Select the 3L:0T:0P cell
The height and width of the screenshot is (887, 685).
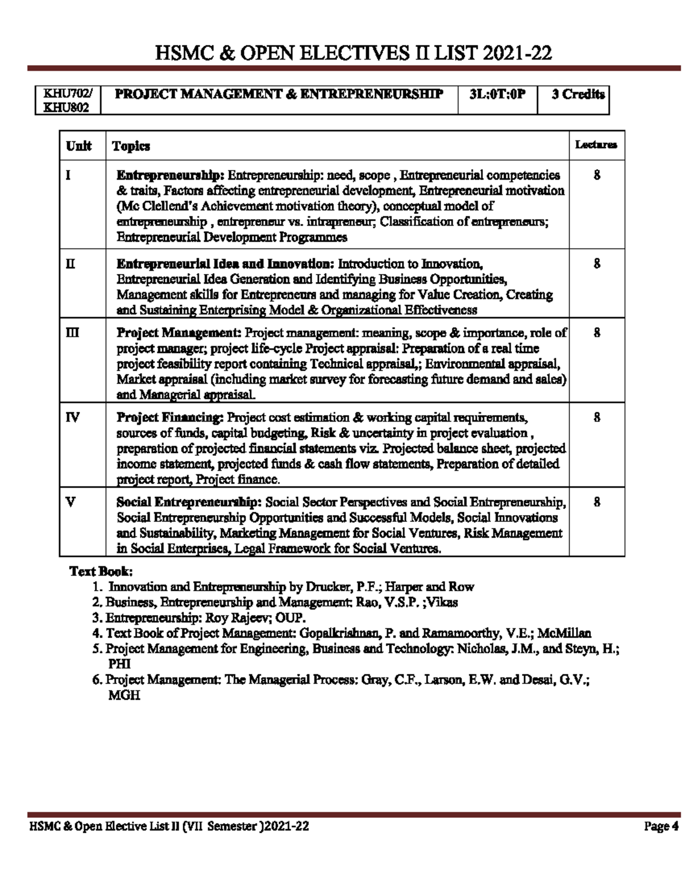(497, 95)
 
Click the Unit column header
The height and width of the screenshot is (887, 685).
(79, 146)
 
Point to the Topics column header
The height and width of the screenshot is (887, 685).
(131, 146)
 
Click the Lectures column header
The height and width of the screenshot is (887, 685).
(596, 145)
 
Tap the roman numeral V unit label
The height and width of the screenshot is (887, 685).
(70, 502)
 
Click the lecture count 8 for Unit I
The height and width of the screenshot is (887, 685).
(597, 175)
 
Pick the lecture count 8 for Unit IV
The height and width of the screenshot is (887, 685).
(597, 418)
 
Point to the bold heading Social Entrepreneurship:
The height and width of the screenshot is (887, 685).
(189, 503)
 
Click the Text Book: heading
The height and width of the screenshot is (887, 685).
(101, 571)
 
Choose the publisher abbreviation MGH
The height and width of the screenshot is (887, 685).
(124, 695)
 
